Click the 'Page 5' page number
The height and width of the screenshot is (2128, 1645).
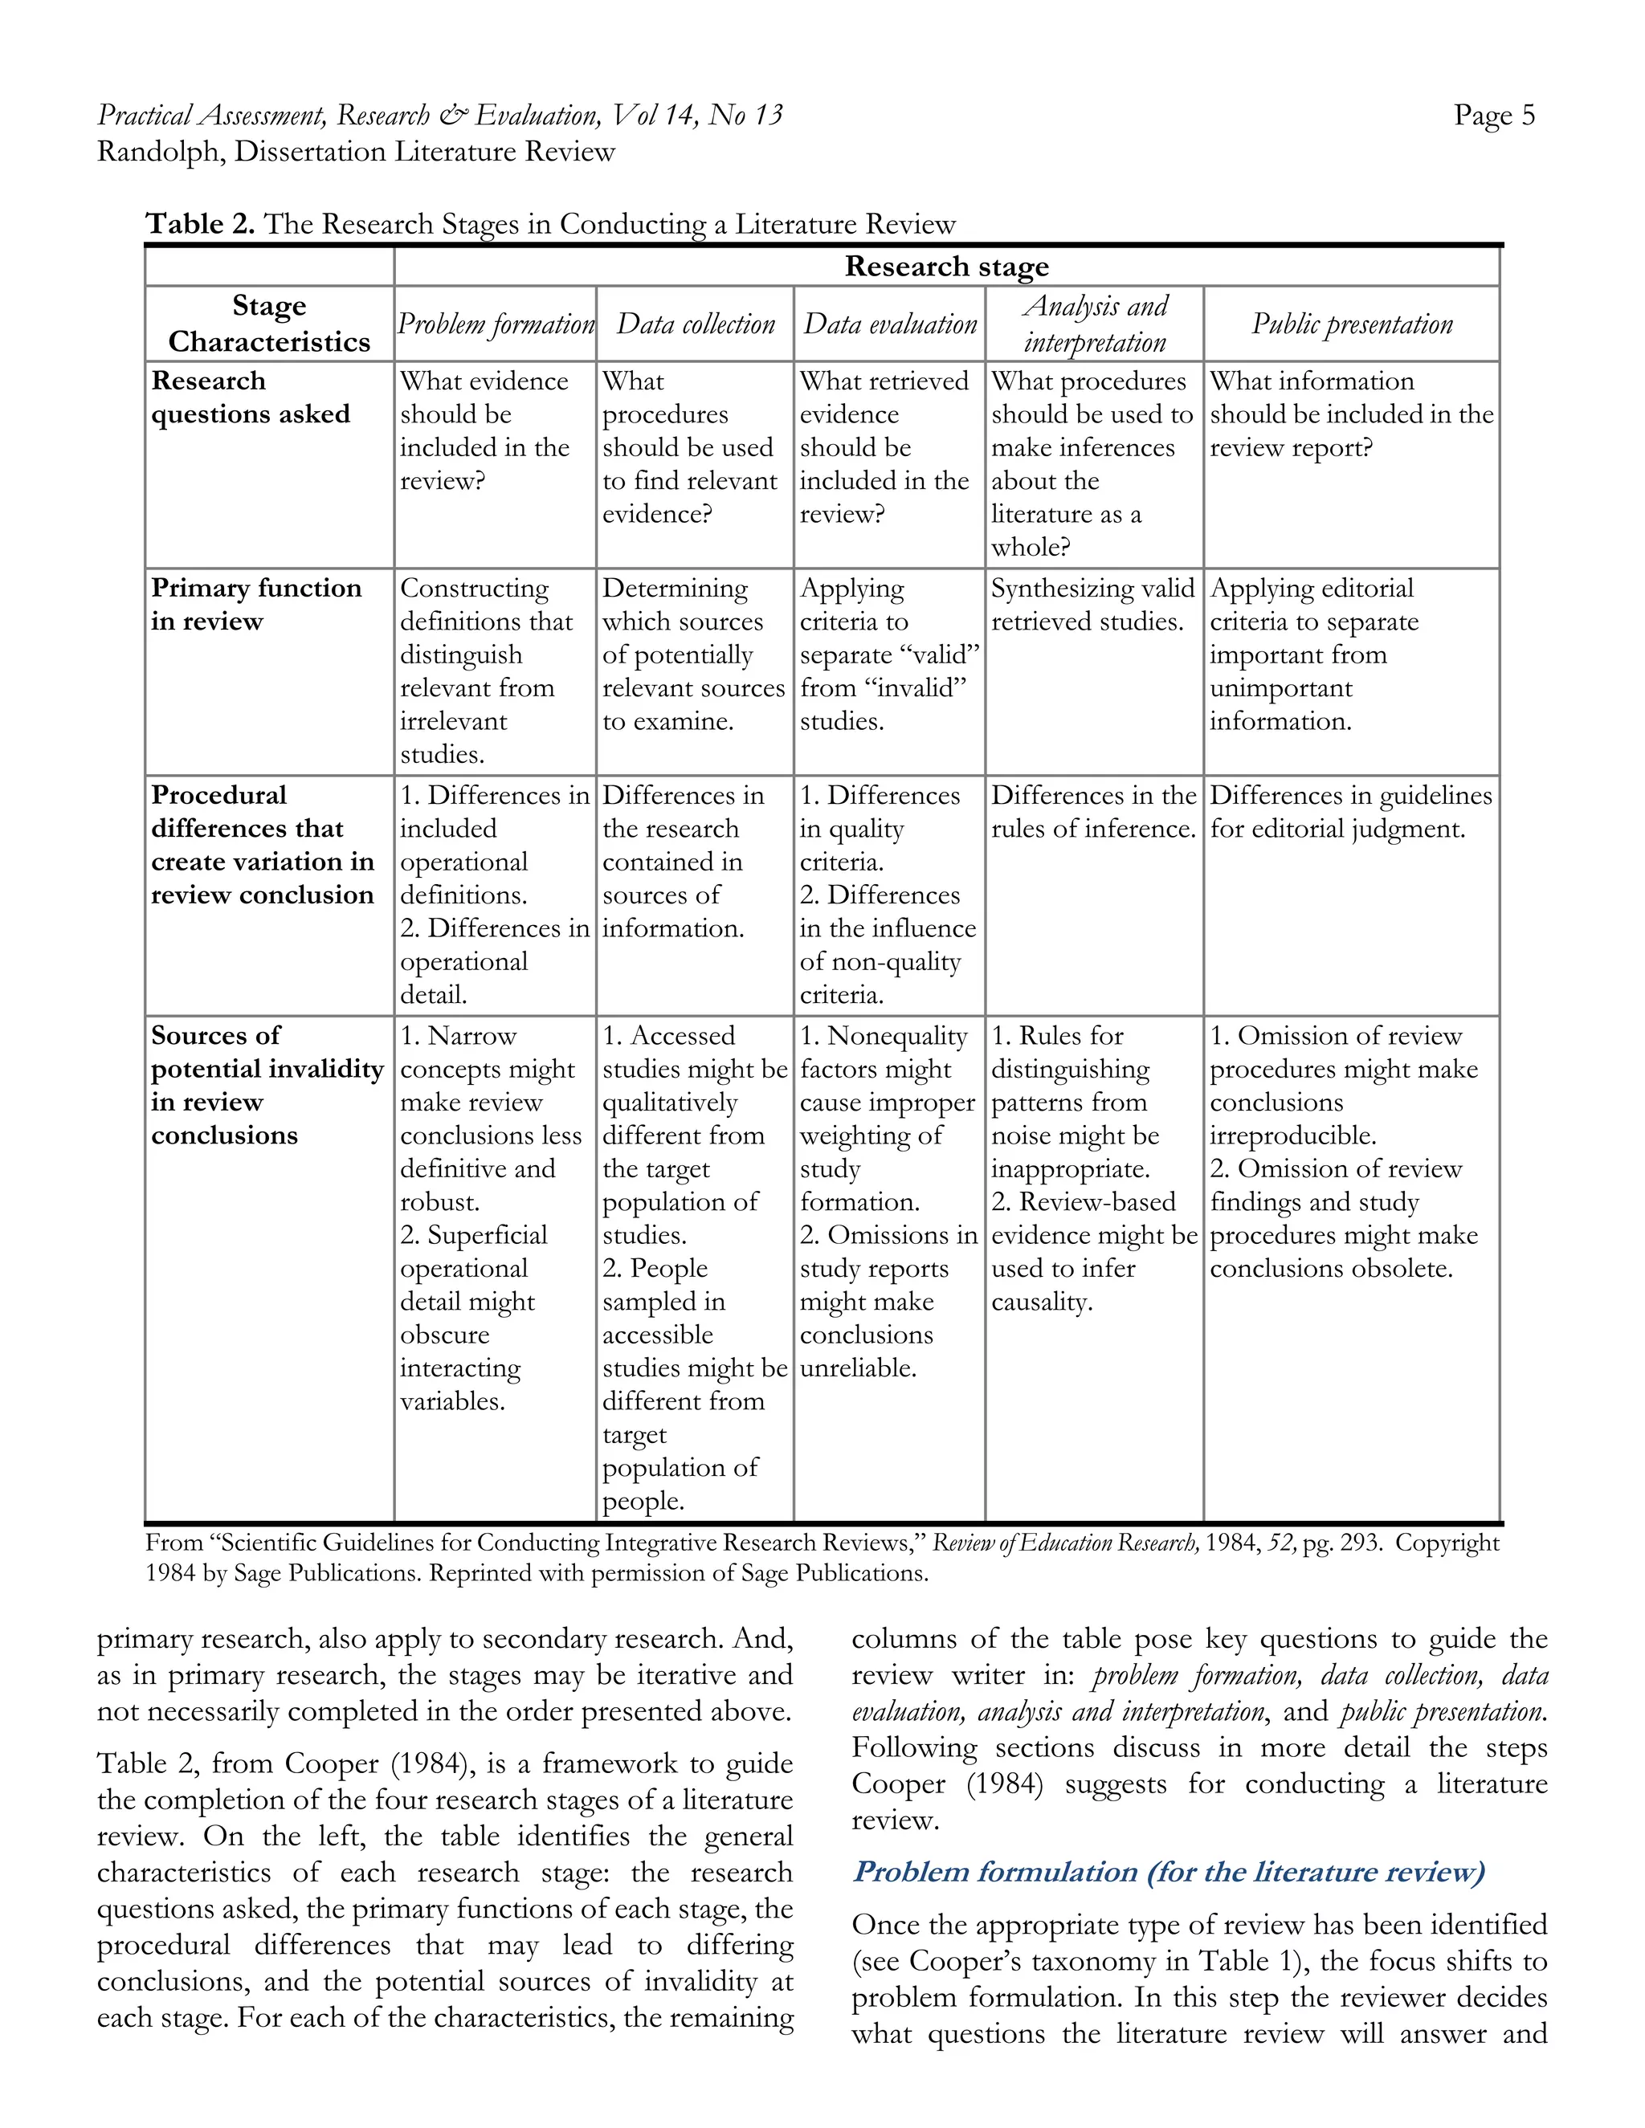pyautogui.click(x=1493, y=115)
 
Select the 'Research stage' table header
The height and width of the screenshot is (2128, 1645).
pyautogui.click(x=945, y=266)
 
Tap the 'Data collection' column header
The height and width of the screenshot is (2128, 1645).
pyautogui.click(x=695, y=324)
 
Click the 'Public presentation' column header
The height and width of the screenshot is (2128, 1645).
pyautogui.click(x=1351, y=324)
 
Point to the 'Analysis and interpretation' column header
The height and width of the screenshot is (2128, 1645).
pyautogui.click(x=1095, y=324)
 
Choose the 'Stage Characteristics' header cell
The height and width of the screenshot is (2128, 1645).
pyautogui.click(x=269, y=324)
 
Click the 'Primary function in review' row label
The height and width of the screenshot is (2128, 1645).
pyautogui.click(x=255, y=604)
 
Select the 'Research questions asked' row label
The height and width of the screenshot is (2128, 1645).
pyautogui.click(x=250, y=397)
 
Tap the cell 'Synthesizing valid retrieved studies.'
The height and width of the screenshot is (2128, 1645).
pyautogui.click(x=1092, y=604)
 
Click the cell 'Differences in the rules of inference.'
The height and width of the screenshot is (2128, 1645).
pyautogui.click(x=1092, y=812)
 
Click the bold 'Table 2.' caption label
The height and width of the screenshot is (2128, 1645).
pyautogui.click(x=200, y=224)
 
